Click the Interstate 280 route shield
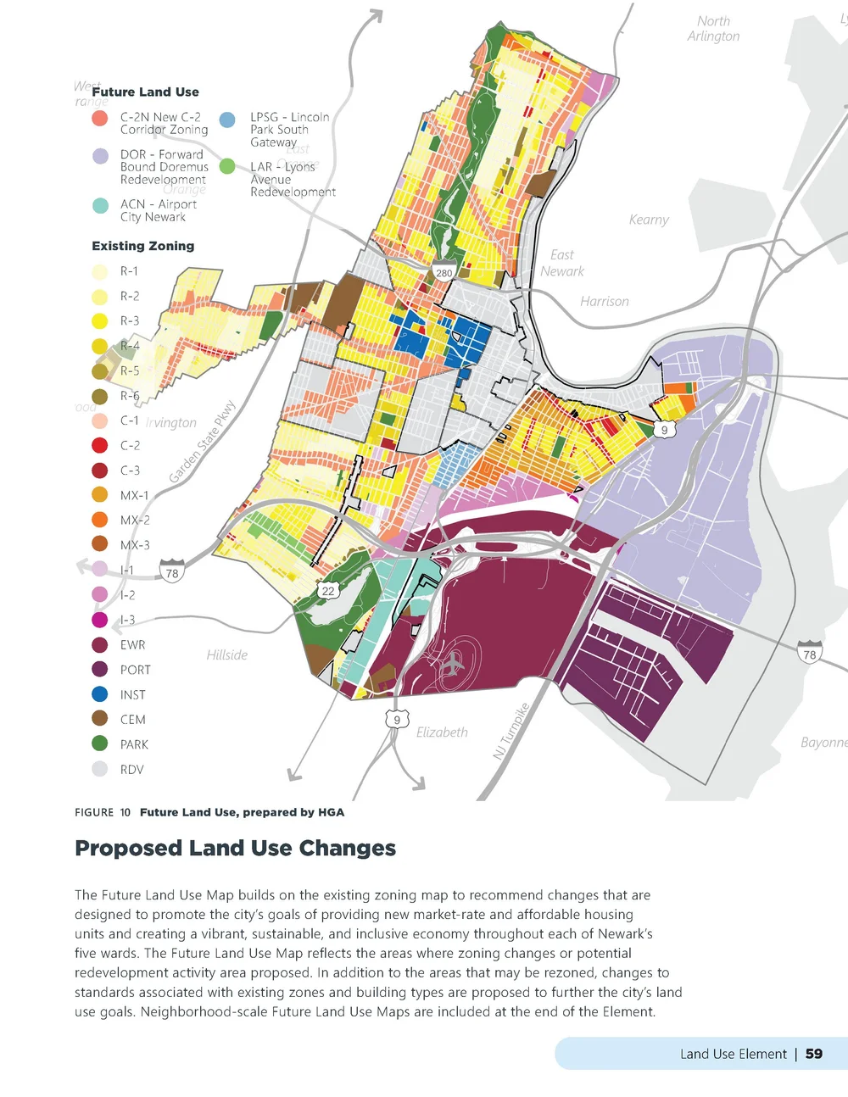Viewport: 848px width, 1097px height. [x=444, y=272]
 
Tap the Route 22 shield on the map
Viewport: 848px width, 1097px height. [x=328, y=590]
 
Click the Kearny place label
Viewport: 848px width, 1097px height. [x=649, y=220]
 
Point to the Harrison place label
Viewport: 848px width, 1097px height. [x=605, y=301]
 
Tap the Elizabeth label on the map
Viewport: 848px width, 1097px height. [x=442, y=732]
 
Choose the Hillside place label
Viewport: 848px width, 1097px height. [x=227, y=654]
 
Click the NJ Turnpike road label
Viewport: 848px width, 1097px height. [x=511, y=730]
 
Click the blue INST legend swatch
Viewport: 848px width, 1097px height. [x=100, y=694]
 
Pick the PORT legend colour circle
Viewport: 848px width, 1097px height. [x=100, y=670]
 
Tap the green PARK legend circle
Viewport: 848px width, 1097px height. [x=100, y=744]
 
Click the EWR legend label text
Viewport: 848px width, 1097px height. [x=133, y=645]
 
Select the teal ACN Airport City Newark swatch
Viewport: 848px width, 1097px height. [x=100, y=205]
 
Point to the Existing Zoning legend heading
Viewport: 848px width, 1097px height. [x=143, y=246]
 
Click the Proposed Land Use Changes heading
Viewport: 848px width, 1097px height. [x=236, y=848]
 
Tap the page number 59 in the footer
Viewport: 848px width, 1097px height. [x=814, y=1054]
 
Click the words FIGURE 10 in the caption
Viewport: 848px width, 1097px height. [x=103, y=812]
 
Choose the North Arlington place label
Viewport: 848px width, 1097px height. [x=713, y=28]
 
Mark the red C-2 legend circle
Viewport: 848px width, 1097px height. [x=100, y=445]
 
